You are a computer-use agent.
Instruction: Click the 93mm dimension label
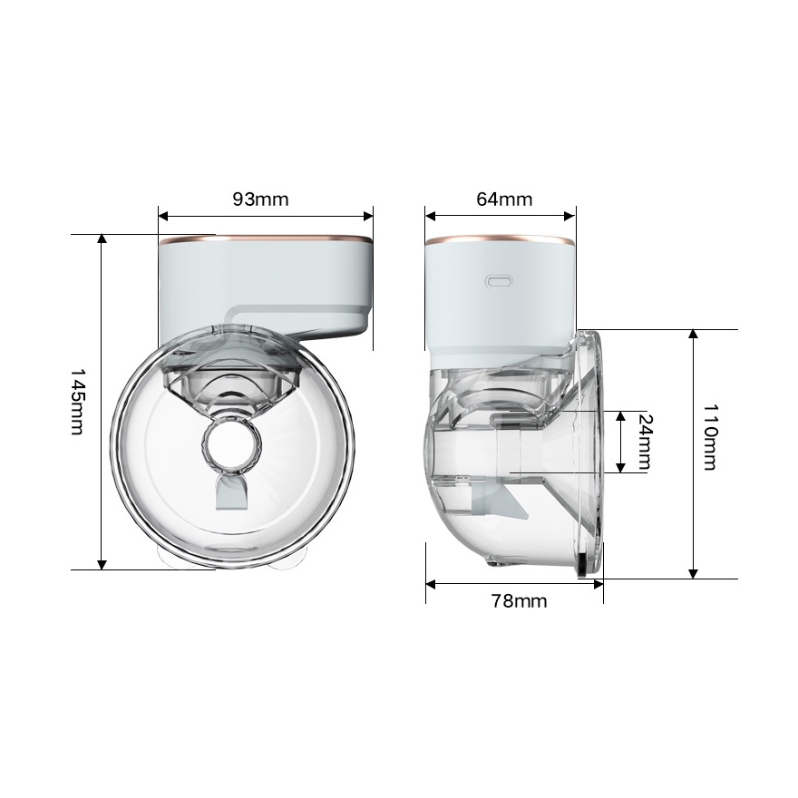[260, 199]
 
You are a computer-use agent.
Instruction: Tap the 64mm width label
[504, 199]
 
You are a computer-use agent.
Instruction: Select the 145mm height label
[77, 402]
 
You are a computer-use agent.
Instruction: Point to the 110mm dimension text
[710, 437]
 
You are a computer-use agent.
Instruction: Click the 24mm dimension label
[645, 442]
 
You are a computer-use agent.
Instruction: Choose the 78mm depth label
[519, 601]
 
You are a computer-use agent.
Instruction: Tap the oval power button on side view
[500, 281]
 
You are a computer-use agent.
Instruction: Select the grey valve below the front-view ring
[231, 492]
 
